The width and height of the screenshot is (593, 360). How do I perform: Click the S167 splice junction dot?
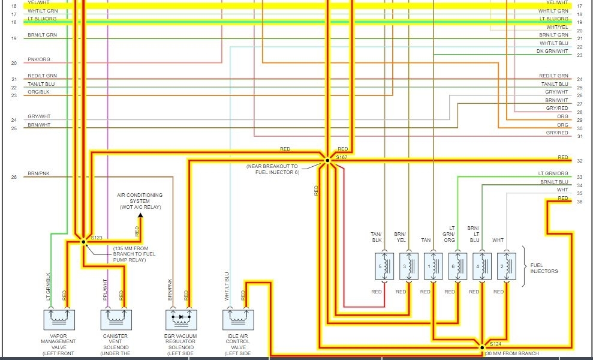pyautogui.click(x=327, y=160)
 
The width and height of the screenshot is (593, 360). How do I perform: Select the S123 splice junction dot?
pyautogui.click(x=83, y=241)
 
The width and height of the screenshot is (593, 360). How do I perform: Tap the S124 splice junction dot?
pyautogui.click(x=482, y=347)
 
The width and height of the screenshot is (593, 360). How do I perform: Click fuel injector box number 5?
pyautogui.click(x=384, y=266)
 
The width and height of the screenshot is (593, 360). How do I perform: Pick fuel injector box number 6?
pyautogui.click(x=457, y=266)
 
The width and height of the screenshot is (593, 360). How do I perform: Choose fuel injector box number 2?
pyautogui.click(x=507, y=266)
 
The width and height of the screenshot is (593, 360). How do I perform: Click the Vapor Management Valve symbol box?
pyautogui.click(x=59, y=319)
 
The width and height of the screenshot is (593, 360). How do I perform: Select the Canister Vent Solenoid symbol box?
pyautogui.click(x=116, y=319)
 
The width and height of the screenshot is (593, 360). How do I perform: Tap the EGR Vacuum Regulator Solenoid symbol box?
pyautogui.click(x=180, y=319)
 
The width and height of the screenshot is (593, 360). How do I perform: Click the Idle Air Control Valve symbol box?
pyautogui.click(x=238, y=319)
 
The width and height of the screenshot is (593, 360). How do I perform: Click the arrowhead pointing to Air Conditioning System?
pyautogui.click(x=140, y=215)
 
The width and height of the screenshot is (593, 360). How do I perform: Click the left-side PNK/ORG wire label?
pyautogui.click(x=39, y=59)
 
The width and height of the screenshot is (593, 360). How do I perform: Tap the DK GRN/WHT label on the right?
pyautogui.click(x=552, y=52)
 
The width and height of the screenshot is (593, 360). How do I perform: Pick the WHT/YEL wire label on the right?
pyautogui.click(x=557, y=27)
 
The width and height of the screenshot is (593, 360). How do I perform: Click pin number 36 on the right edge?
pyautogui.click(x=580, y=202)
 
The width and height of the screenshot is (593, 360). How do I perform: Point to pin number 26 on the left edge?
pyautogui.click(x=14, y=177)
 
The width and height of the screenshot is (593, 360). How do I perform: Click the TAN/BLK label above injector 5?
pyautogui.click(x=376, y=237)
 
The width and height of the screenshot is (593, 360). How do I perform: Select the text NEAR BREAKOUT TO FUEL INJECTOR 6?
pyautogui.click(x=272, y=169)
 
